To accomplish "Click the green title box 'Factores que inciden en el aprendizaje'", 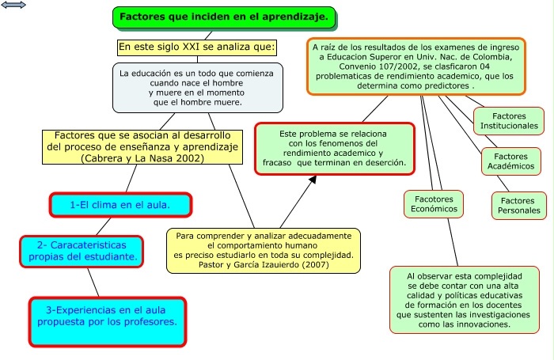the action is [224, 17].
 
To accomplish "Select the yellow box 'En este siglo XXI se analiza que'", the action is [197, 47].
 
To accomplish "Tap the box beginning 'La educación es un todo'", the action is [197, 87].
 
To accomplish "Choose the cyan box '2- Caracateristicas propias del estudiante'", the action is [83, 250].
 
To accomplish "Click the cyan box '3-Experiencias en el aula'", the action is [108, 321].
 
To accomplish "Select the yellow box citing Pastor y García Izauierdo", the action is [264, 250].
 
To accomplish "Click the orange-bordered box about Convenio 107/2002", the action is [415, 66].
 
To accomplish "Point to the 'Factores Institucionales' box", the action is [509, 121].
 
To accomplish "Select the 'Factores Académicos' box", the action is [509, 161].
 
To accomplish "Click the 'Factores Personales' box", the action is [520, 206].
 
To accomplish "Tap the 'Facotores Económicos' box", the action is [432, 203].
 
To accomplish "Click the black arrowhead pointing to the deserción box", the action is [313, 180].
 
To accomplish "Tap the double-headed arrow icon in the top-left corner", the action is [14, 6].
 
